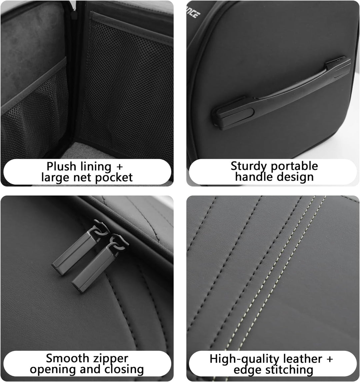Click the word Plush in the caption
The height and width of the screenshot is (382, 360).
(61, 166)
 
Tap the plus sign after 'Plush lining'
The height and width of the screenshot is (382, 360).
(119, 167)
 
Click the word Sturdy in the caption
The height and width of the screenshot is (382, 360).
(249, 166)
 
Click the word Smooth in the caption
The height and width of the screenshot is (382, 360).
(67, 358)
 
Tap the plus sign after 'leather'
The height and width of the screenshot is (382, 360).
(329, 359)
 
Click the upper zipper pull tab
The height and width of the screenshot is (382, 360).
(77, 251)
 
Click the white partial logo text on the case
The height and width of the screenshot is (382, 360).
(193, 12)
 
